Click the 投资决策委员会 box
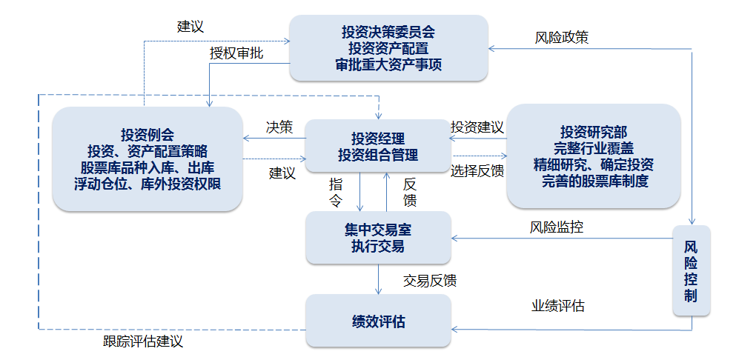pyautogui.click(x=388, y=48)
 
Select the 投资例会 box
pyautogui.click(x=148, y=159)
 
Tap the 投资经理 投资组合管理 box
pyautogui.click(x=378, y=147)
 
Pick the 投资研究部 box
pyautogui.click(x=593, y=156)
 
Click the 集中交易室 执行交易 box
pyautogui.click(x=378, y=238)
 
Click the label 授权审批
pyautogui.click(x=236, y=53)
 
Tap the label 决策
pyautogui.click(x=279, y=127)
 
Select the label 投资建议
pyautogui.click(x=477, y=127)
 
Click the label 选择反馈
pyautogui.click(x=477, y=170)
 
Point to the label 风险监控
pyautogui.click(x=556, y=227)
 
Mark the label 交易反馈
pyautogui.click(x=430, y=281)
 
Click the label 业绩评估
pyautogui.click(x=557, y=305)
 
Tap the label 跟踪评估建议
pyautogui.click(x=143, y=341)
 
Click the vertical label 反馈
pyautogui.click(x=410, y=191)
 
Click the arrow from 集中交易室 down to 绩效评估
pyautogui.click(x=379, y=279)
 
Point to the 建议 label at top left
pyautogui.click(x=190, y=27)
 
